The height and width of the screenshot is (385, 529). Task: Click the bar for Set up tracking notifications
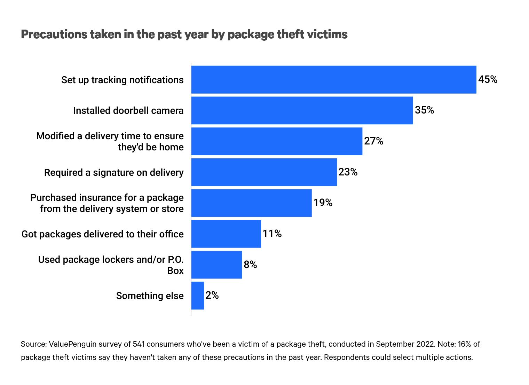[333, 80]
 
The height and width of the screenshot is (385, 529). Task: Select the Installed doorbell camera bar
[302, 110]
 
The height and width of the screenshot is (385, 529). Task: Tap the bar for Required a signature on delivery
[264, 172]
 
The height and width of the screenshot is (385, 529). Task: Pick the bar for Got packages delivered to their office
[226, 234]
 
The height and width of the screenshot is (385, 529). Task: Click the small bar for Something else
[198, 296]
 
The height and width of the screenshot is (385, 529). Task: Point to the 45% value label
[488, 80]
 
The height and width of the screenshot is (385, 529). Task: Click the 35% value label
[424, 110]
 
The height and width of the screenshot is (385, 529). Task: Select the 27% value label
[373, 141]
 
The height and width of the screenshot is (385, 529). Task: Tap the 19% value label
[323, 203]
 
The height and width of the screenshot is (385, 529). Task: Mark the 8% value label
[250, 265]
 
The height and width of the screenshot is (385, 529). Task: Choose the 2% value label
[212, 296]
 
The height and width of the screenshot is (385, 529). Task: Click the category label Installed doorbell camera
[128, 111]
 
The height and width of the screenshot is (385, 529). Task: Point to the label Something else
[150, 296]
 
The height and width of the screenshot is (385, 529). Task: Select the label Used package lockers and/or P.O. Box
[111, 265]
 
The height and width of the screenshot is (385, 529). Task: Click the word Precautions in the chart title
[54, 34]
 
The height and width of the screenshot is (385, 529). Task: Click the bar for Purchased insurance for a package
[251, 203]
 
